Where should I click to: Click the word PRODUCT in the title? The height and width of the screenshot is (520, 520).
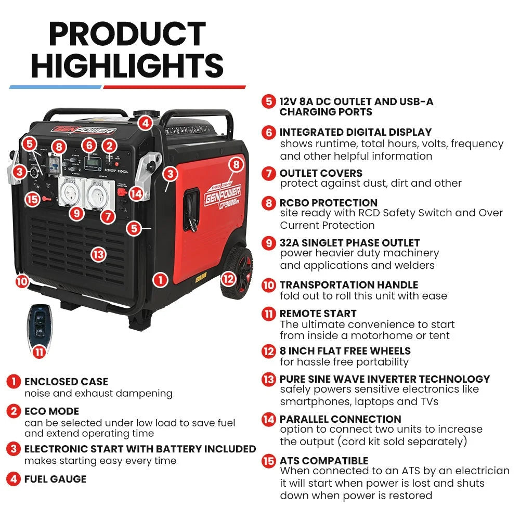tap(127, 34)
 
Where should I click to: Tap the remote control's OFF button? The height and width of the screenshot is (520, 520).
tap(40, 318)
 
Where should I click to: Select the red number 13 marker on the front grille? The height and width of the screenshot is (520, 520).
tap(98, 254)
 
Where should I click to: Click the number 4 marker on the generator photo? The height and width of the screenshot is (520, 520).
tap(145, 123)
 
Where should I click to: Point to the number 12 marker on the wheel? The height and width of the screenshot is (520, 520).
tap(228, 279)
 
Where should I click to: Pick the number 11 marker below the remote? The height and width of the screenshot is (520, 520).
tap(38, 352)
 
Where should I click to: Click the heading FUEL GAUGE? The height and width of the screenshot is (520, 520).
tap(55, 479)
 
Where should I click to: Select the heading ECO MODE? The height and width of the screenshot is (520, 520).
tap(51, 411)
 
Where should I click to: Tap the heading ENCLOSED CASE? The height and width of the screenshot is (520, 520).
tap(66, 382)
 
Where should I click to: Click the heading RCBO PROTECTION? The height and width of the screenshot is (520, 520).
tap(328, 203)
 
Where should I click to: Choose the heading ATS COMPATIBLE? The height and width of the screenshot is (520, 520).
tap(323, 461)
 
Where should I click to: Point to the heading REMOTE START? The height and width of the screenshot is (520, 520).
tap(318, 314)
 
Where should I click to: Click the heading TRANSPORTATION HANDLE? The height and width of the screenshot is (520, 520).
tap(348, 285)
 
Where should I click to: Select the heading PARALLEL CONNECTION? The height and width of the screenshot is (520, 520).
tap(340, 419)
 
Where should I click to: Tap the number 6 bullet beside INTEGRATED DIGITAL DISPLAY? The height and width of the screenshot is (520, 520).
tap(269, 132)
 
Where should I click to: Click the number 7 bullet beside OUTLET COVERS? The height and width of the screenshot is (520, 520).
tap(269, 173)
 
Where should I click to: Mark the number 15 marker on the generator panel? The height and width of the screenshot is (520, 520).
tap(32, 199)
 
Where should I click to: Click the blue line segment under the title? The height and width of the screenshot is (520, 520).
tap(55, 87)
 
